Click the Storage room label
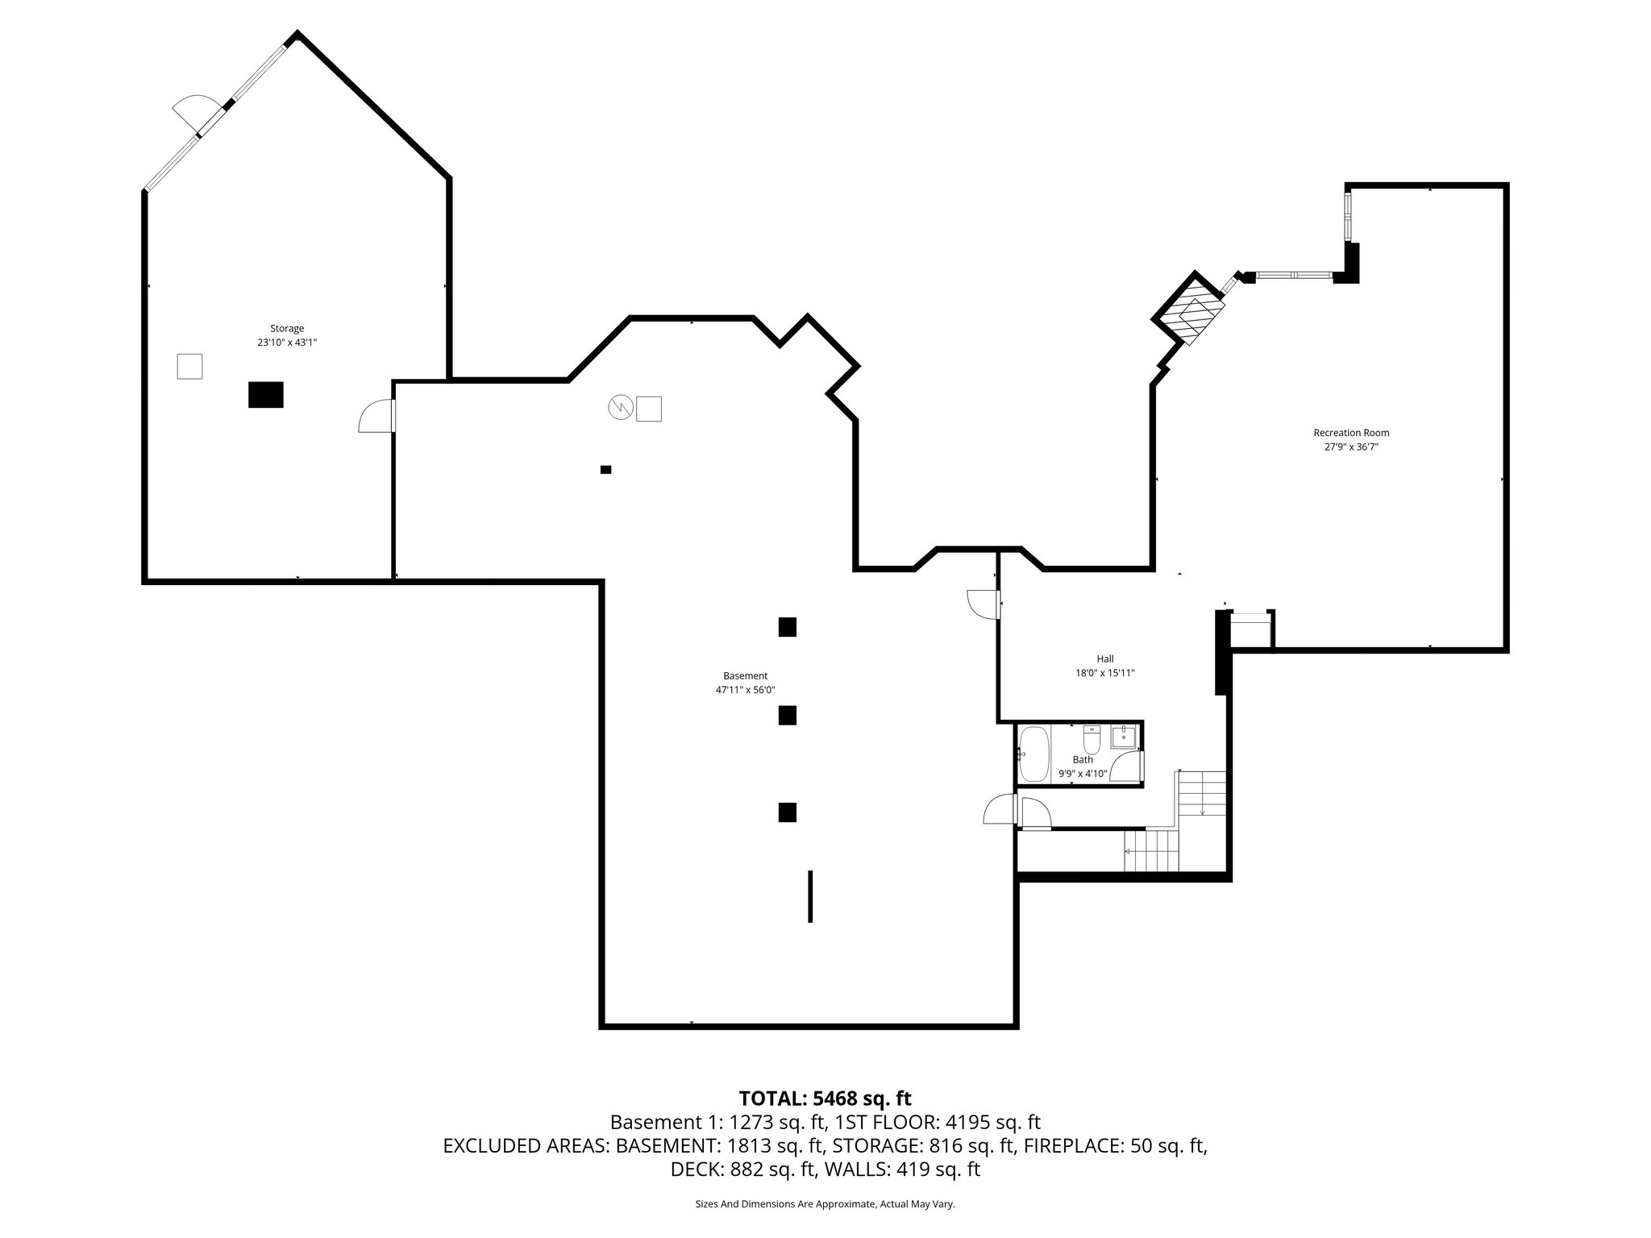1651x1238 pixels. pos(287,328)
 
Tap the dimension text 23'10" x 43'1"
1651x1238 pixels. pos(287,343)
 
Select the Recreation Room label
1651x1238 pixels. pos(1351,433)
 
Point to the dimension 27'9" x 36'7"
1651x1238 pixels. pos(1351,447)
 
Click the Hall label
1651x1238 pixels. pos(1105,658)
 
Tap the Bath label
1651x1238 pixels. pos(1083,759)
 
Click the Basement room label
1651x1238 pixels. pos(745,675)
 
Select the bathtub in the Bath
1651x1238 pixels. pos(1033,754)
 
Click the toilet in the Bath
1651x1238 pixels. pos(1092,740)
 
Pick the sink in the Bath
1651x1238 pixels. pos(1123,737)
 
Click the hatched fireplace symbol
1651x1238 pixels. pos(1190,310)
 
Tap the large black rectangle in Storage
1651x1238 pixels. pos(266,395)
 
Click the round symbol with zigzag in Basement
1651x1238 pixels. pos(619,408)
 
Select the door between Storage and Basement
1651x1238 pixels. pos(377,418)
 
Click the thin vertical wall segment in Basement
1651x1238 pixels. pos(810,895)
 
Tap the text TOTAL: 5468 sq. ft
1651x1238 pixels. pos(825,1098)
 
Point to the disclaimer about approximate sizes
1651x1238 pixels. pos(825,1204)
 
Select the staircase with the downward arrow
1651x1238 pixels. pos(1202,794)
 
